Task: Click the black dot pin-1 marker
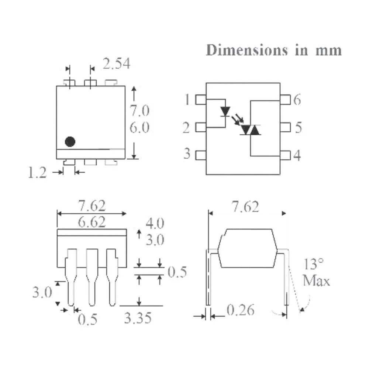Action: pos(70,142)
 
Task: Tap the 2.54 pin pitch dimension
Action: pos(117,64)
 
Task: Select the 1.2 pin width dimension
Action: pos(37,172)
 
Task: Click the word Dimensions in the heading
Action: pos(247,50)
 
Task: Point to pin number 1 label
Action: pos(187,99)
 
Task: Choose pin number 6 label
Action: pos(297,100)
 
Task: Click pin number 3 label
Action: pos(187,154)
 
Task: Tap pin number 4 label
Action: pos(297,155)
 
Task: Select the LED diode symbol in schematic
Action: pos(225,111)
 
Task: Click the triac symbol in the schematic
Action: pos(251,130)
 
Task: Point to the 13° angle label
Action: pos(313,264)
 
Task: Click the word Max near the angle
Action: pos(316,281)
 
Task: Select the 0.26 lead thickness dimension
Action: pos(241,310)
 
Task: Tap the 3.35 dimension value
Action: pos(138,318)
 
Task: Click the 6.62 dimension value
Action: pos(92,223)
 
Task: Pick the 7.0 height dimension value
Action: pos(139,111)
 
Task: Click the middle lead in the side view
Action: pos(92,277)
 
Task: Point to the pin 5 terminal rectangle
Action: pos(285,127)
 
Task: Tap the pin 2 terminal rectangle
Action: pos(201,127)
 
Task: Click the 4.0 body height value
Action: pos(155,223)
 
